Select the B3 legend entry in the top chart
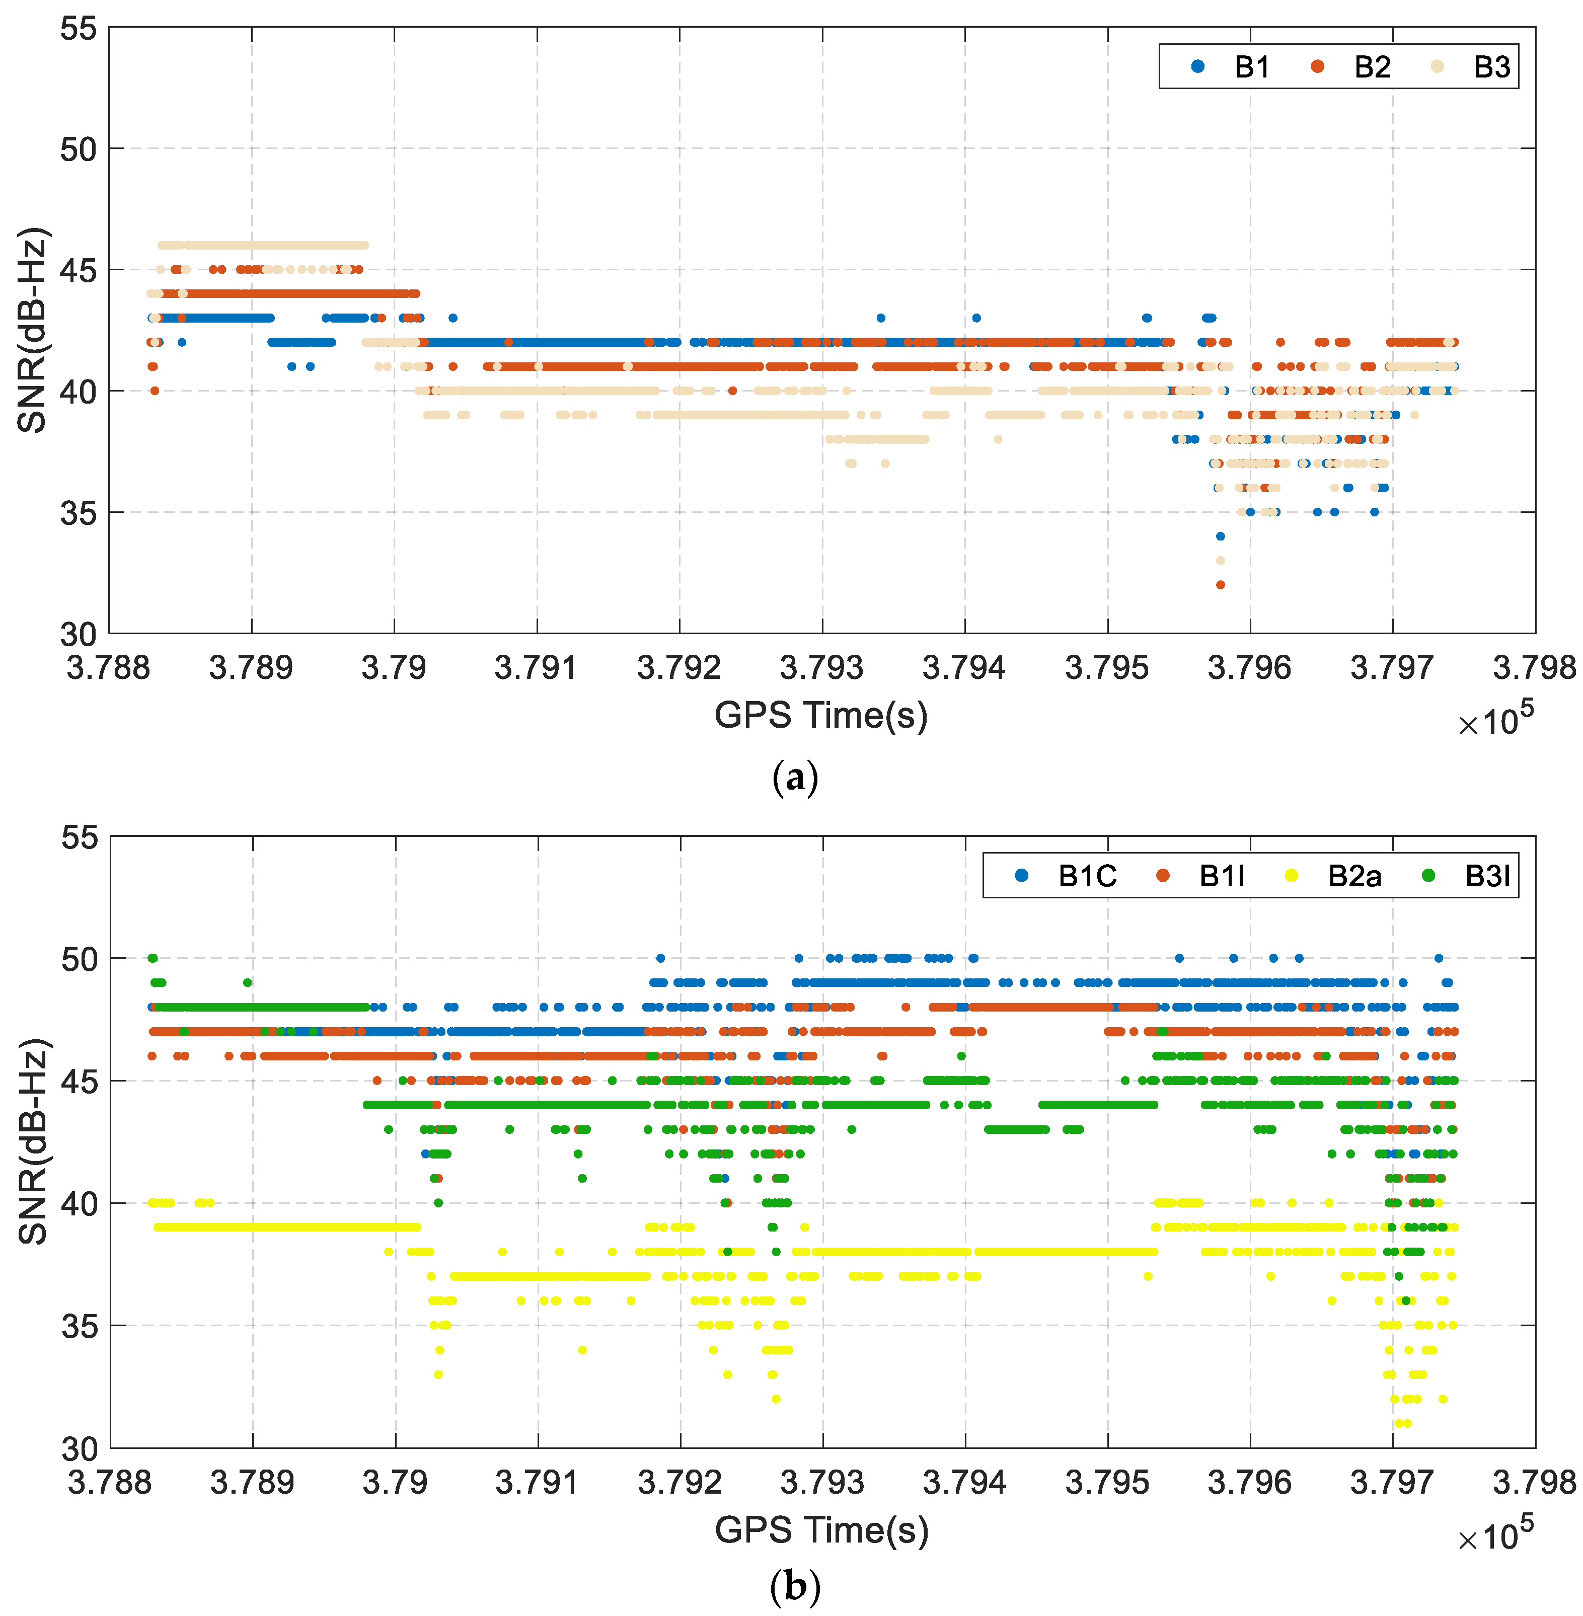click(1473, 66)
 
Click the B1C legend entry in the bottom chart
click(1069, 875)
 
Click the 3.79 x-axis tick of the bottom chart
click(395, 1482)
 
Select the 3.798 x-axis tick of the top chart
click(1534, 667)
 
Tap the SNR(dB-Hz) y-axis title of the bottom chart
click(33, 1141)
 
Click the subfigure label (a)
click(795, 777)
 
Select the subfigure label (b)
click(795, 1586)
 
